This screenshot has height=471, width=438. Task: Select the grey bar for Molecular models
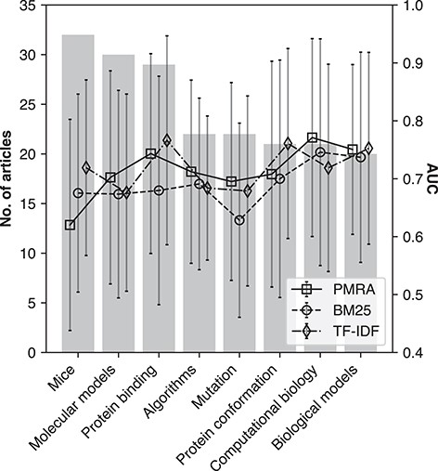(x=119, y=203)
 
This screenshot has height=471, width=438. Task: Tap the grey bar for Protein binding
(x=159, y=208)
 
